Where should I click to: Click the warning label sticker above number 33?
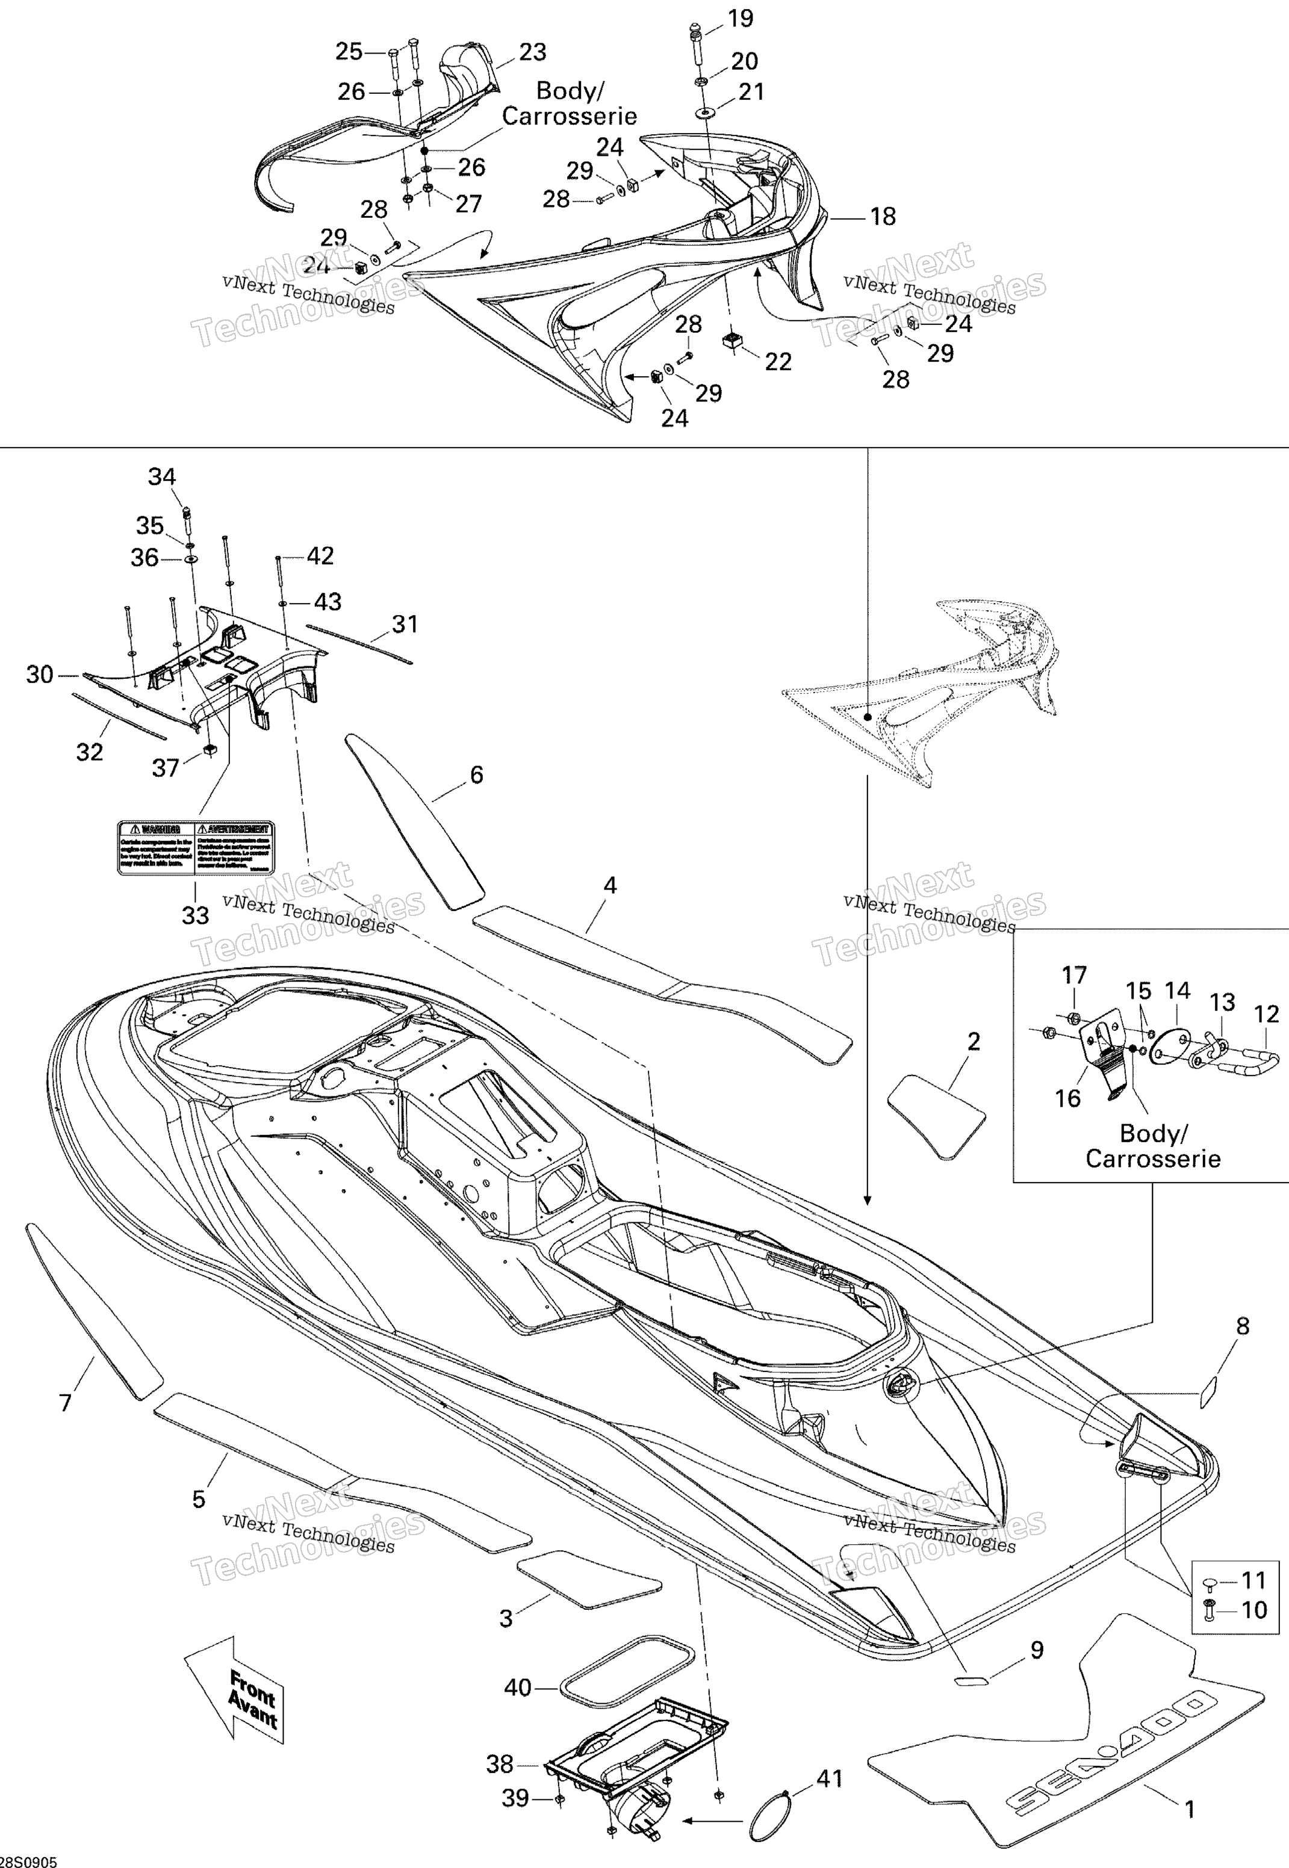point(196,847)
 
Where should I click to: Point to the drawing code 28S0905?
point(29,1856)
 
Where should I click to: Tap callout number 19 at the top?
point(741,18)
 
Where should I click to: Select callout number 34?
point(161,477)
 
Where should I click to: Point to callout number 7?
point(66,1403)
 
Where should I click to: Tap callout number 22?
point(778,362)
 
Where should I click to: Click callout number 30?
point(40,675)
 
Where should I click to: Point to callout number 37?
point(166,768)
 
